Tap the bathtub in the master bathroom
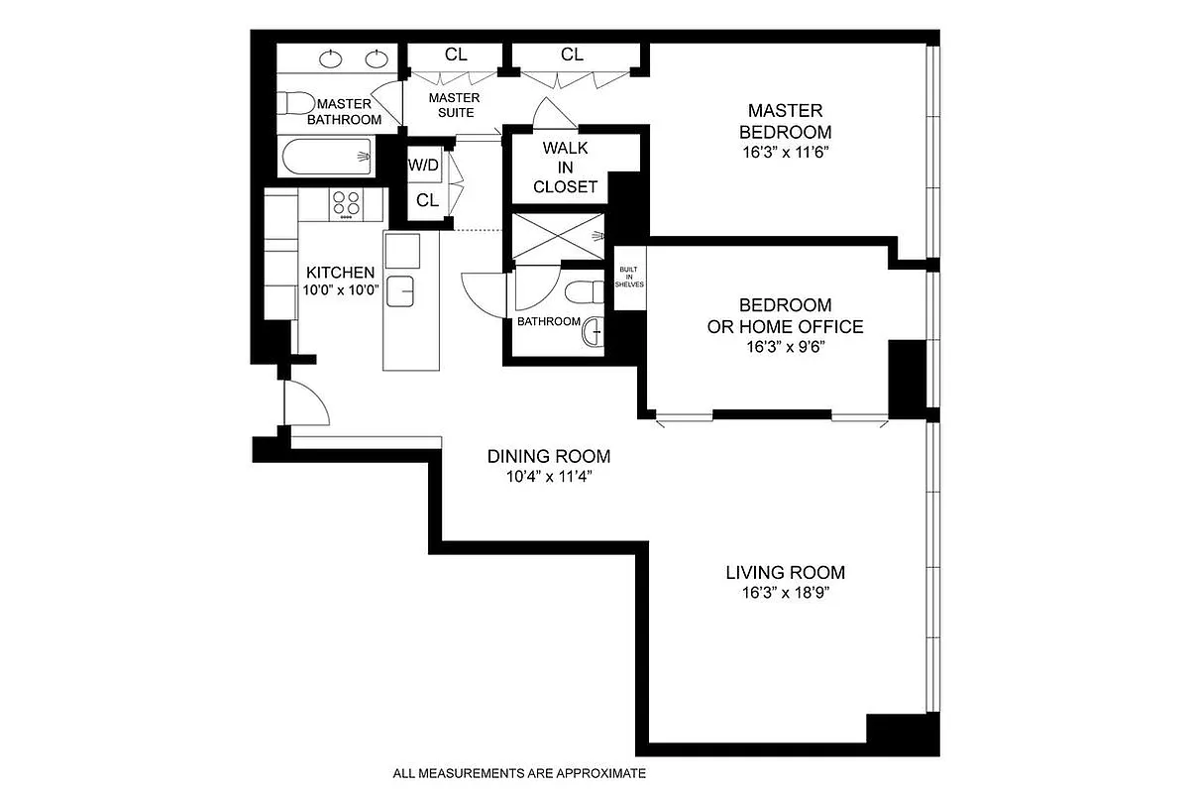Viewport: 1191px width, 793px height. pos(326,157)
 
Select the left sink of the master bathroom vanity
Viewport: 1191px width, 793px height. pos(331,59)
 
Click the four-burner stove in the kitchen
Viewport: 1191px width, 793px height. pos(346,203)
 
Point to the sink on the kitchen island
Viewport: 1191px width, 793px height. pos(401,292)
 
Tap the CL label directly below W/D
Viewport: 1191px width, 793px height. pos(427,200)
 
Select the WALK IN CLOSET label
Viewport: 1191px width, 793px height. pos(565,167)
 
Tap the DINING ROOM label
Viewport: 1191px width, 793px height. pos(548,457)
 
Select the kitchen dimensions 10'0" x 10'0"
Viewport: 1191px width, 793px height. pos(340,290)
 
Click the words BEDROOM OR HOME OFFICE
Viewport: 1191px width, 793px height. pos(785,315)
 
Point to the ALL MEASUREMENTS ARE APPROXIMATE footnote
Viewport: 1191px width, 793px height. pos(519,773)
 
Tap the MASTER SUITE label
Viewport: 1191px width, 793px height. pos(454,105)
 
